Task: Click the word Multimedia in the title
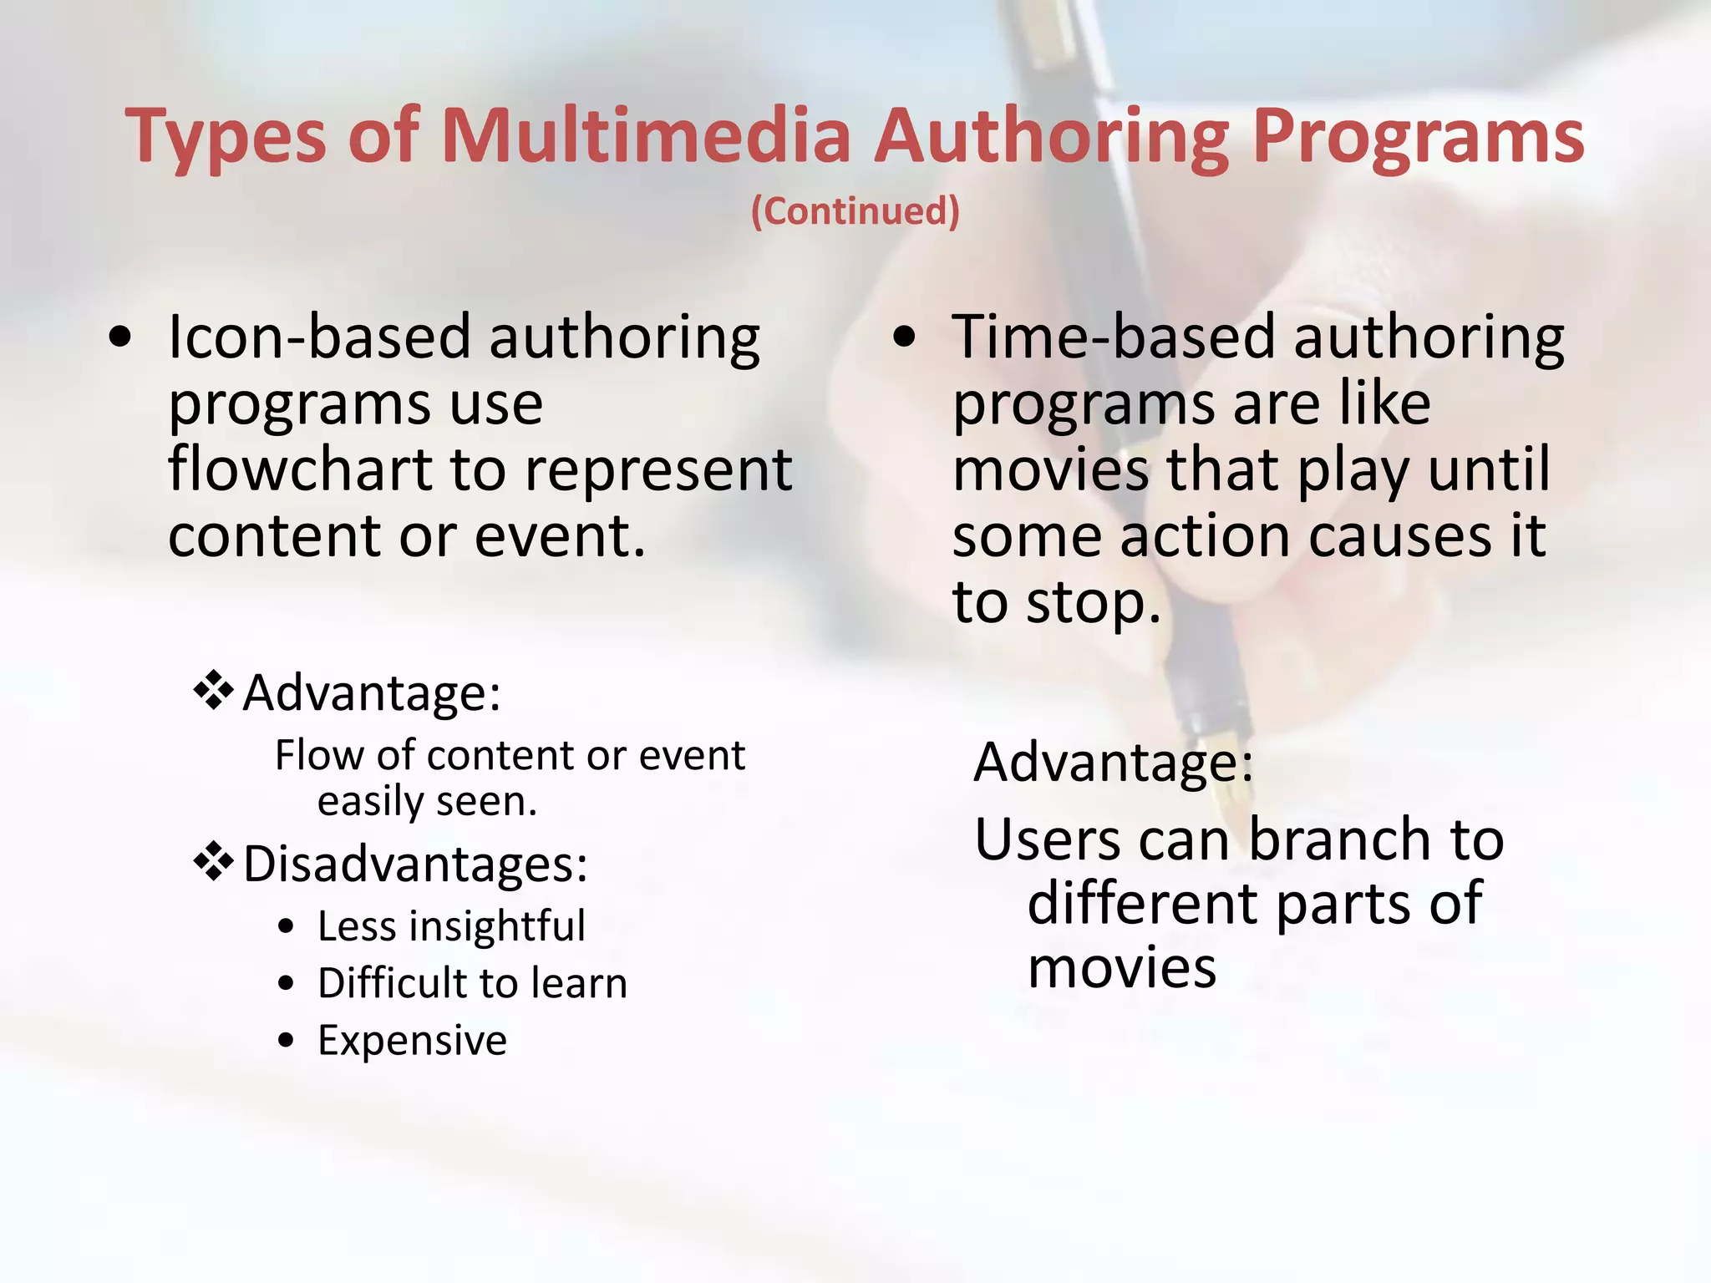point(645,135)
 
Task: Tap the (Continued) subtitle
point(855,210)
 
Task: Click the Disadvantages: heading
point(415,864)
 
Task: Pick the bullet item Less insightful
point(451,925)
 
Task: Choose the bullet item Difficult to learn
point(472,983)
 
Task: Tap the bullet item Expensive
point(412,1041)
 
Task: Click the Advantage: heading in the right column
point(1114,762)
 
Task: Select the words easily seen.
point(426,801)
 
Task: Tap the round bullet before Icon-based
point(120,337)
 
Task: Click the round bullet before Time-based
point(904,337)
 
